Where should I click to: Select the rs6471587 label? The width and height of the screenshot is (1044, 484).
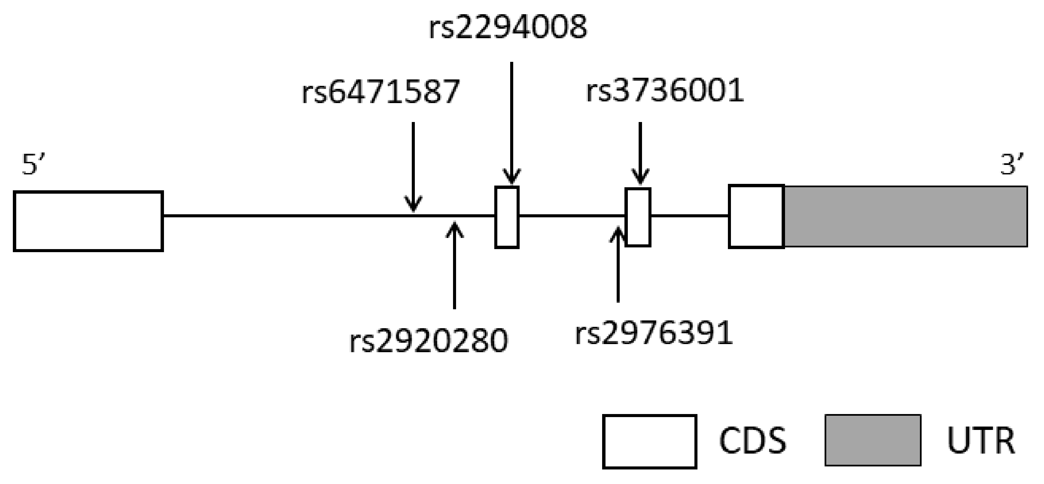point(381,92)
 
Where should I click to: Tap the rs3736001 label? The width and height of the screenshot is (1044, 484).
point(665,90)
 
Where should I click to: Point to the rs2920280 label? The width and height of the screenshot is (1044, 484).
point(428,341)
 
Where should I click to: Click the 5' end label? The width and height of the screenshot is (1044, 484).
point(33,165)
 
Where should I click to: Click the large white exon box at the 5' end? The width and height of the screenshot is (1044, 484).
point(88,221)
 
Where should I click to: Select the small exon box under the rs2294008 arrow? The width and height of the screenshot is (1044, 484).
point(506,217)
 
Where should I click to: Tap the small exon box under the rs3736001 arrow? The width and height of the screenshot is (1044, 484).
point(638,217)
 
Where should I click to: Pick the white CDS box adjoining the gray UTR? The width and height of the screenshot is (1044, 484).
point(756,216)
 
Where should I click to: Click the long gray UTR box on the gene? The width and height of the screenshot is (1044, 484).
point(906,216)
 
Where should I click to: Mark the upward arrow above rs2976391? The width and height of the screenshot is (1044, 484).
point(618,265)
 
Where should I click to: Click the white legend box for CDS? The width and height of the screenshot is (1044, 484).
point(649,441)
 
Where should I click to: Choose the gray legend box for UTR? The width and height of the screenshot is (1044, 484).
point(873,440)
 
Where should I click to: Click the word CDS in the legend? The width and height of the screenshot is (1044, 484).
point(753,441)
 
